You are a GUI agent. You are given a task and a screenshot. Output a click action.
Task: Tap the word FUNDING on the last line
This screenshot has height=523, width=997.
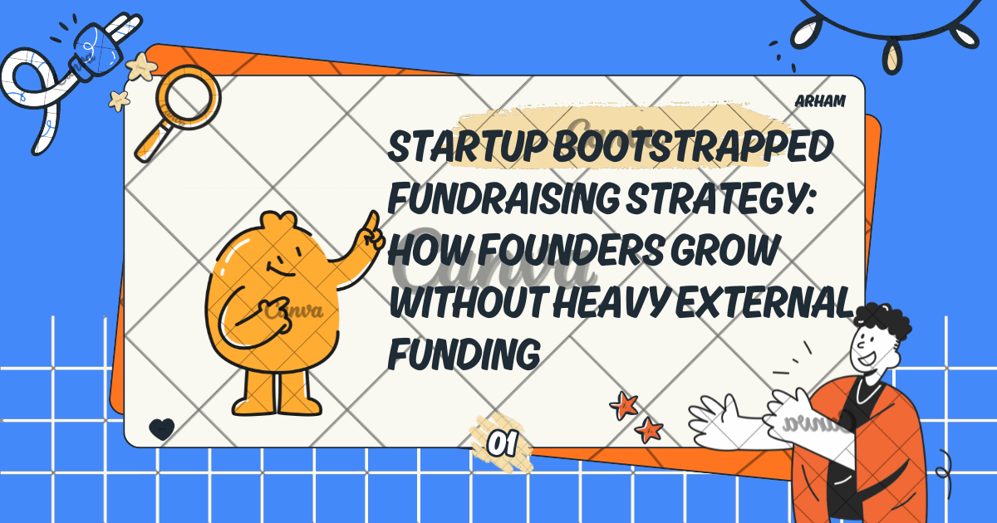464,352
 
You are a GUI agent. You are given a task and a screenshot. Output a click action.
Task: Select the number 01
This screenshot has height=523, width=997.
500,444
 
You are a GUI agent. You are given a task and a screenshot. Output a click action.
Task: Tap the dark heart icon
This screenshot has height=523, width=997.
162,428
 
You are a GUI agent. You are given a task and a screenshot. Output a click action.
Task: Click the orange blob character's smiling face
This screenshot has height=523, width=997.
282,267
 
